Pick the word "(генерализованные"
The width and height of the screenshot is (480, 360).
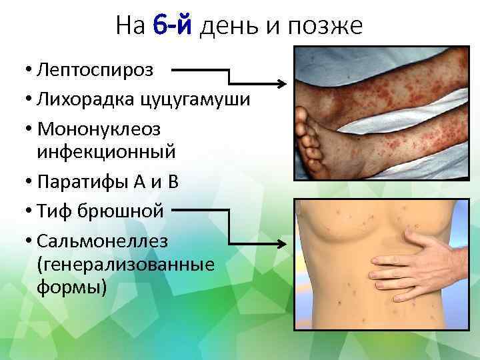tap(127, 264)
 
